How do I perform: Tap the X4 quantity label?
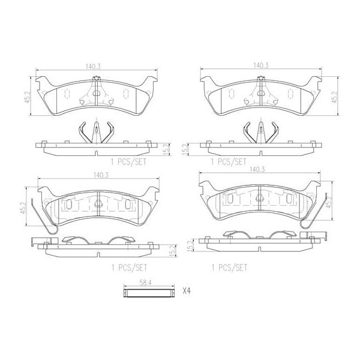[x=187, y=292]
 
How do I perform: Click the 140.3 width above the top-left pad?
[x=92, y=68]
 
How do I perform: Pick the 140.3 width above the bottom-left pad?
[x=92, y=176]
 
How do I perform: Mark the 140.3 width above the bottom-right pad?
[x=260, y=170]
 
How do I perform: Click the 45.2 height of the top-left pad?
[x=25, y=98]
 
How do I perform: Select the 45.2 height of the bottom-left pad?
[x=23, y=208]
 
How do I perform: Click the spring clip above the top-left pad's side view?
[x=95, y=132]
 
